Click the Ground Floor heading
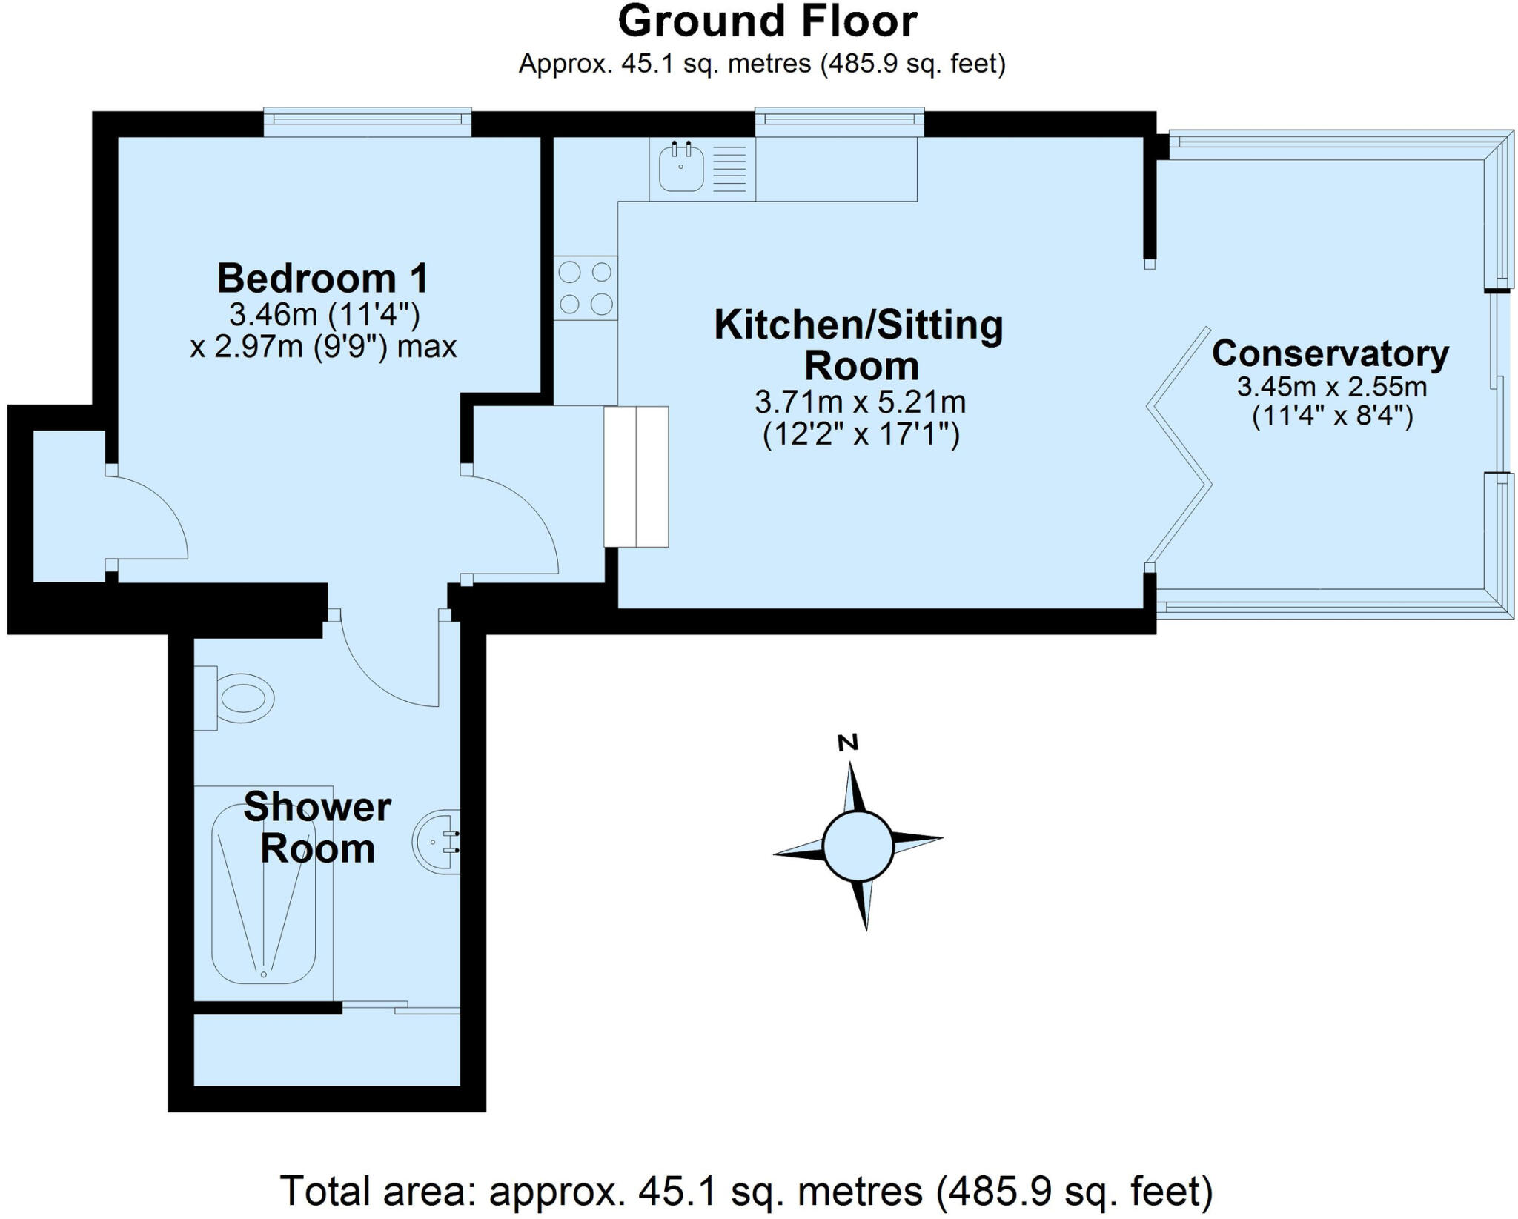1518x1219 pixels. [x=767, y=22]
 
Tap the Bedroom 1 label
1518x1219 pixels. [x=322, y=279]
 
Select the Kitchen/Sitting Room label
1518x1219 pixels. [x=858, y=345]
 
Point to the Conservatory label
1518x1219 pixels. [x=1330, y=353]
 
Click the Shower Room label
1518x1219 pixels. [x=317, y=828]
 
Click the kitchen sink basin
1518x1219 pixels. [x=680, y=169]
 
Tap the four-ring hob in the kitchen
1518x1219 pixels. [x=586, y=288]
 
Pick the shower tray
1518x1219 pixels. [x=264, y=894]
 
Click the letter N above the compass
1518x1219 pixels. [x=847, y=743]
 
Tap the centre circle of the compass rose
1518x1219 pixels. [x=858, y=846]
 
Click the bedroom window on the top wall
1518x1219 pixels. [x=368, y=122]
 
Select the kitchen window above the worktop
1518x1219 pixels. [x=839, y=122]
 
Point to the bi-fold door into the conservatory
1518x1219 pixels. [x=1179, y=445]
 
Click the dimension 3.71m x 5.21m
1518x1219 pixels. [x=860, y=403]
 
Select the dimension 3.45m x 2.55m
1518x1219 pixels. [x=1331, y=387]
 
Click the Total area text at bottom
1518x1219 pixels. [x=745, y=1192]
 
